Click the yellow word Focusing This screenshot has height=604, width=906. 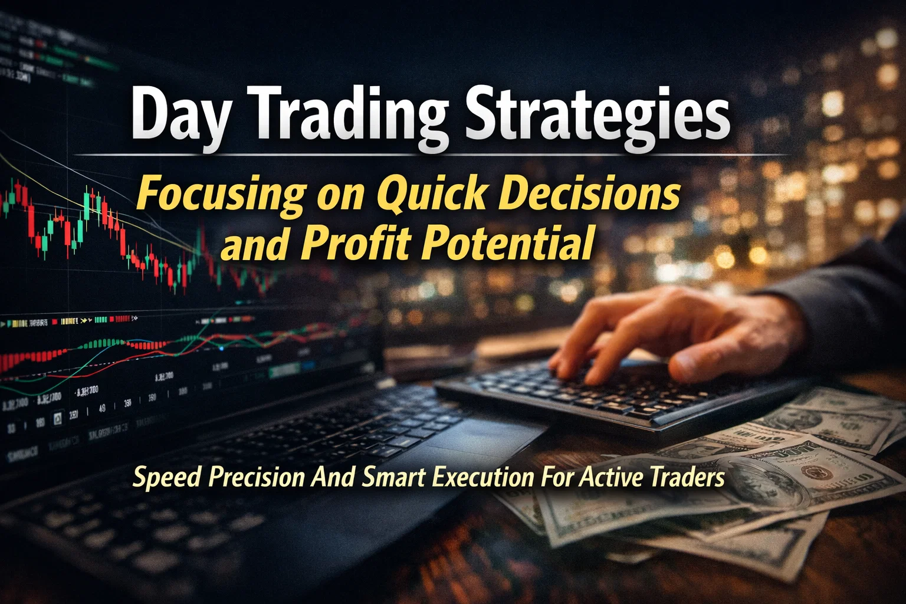(222, 195)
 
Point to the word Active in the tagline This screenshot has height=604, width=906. (611, 477)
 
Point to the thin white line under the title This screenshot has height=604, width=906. (431, 155)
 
